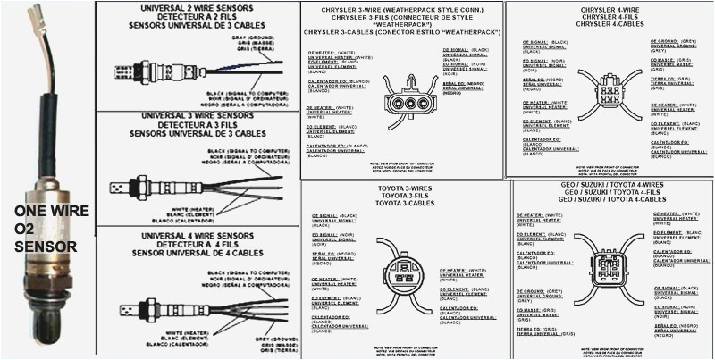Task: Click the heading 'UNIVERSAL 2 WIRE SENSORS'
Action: [196, 7]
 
